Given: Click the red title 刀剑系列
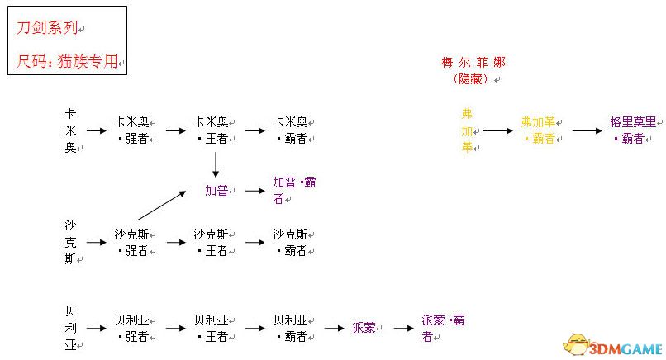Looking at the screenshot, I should [47, 27].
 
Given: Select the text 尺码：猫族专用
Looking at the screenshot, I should [68, 61].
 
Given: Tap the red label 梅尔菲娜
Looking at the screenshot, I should [473, 63].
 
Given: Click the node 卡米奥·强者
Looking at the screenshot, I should [133, 130].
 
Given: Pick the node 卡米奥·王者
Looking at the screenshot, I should [212, 130].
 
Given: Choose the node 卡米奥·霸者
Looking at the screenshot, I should [292, 130].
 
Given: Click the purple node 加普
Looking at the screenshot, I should [218, 191].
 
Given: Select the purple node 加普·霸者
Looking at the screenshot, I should [294, 190].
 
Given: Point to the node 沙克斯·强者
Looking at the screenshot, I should [133, 243].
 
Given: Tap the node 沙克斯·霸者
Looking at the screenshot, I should [292, 243].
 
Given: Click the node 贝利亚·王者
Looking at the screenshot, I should [212, 328].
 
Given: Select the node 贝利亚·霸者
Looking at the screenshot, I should [292, 328].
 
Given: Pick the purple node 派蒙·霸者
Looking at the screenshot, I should [443, 328].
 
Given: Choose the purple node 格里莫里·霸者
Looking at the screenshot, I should [633, 130].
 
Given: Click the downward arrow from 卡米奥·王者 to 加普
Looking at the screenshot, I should [215, 163].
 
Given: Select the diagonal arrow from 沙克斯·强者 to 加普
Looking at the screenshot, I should [161, 206].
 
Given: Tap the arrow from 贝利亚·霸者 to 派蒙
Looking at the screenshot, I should [334, 328].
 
